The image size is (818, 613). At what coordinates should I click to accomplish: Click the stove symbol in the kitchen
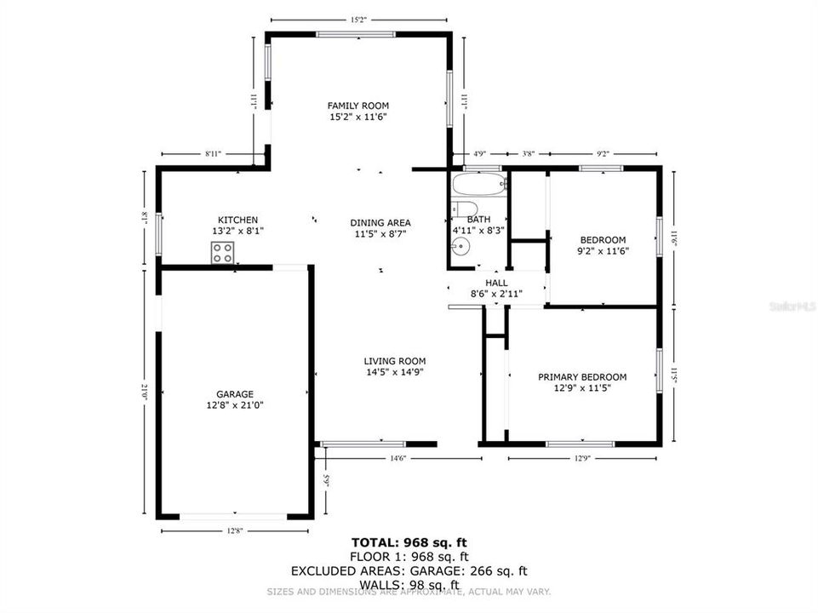(x=223, y=252)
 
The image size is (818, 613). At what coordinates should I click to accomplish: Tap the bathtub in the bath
(x=478, y=184)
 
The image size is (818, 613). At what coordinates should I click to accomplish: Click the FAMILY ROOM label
(x=358, y=106)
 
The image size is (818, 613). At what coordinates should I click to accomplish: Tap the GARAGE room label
(x=234, y=394)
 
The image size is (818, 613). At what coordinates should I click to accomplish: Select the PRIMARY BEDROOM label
(x=582, y=377)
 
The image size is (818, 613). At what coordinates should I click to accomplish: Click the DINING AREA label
(x=380, y=223)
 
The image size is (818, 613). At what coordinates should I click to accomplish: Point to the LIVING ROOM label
(x=395, y=361)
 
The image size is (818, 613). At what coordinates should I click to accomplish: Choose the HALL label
(x=496, y=283)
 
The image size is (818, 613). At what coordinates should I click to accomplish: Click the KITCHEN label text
(x=237, y=221)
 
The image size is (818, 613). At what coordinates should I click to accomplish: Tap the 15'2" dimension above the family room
(x=358, y=19)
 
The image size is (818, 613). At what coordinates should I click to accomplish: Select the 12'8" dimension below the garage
(x=234, y=531)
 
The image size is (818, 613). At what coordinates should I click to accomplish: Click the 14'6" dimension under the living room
(x=398, y=459)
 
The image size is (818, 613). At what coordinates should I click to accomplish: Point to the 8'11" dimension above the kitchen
(x=213, y=154)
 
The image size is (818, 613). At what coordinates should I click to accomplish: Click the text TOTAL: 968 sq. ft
(x=409, y=542)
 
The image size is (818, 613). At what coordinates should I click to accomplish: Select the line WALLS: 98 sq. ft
(x=409, y=584)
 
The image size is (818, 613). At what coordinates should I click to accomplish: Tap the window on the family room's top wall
(x=356, y=34)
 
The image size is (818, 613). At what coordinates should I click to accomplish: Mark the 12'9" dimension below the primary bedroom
(x=582, y=459)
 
